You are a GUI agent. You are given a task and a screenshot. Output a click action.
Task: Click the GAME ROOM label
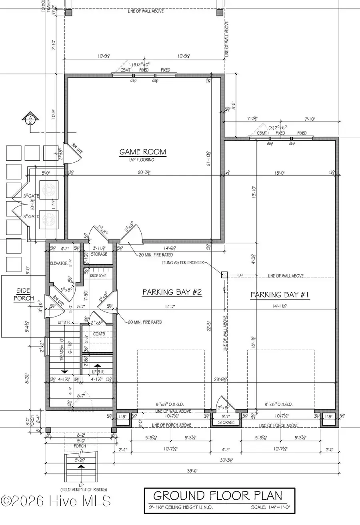[x=142, y=152]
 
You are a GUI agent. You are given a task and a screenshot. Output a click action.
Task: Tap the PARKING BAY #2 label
[x=172, y=293]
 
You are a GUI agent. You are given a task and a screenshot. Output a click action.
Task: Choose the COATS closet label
[x=99, y=334]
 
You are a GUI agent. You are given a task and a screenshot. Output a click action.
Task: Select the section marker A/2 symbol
[x=30, y=120]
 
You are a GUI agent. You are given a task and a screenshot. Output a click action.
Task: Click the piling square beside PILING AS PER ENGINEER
[x=224, y=274]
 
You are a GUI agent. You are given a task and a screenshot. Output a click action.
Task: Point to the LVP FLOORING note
[x=142, y=160]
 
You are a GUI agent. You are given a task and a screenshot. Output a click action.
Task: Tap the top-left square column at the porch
[x=68, y=13]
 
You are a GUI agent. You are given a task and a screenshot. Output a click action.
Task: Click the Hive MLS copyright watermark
[x=56, y=500]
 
